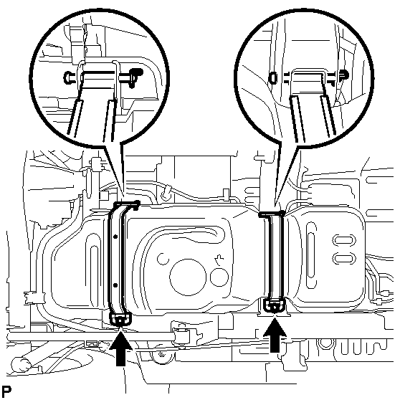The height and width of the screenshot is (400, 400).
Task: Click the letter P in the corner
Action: (x=6, y=391)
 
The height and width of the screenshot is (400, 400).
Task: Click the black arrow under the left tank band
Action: (x=120, y=350)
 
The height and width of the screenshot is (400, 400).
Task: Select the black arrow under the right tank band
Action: (x=275, y=336)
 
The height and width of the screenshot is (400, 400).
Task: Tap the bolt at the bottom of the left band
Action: (x=120, y=320)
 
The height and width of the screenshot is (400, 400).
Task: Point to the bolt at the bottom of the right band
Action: (x=275, y=307)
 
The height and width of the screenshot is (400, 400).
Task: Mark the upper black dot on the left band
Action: (x=115, y=237)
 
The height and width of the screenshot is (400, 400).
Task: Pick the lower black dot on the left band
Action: (x=115, y=285)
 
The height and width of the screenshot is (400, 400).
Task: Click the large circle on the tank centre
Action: (x=188, y=277)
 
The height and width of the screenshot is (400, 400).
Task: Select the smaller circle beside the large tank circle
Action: (x=219, y=277)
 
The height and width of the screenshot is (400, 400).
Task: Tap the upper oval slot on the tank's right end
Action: (x=344, y=240)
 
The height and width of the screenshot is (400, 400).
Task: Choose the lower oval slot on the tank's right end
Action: (x=344, y=258)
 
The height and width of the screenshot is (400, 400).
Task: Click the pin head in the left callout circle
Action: (x=67, y=77)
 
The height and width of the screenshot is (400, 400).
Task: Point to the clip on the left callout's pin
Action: (x=135, y=77)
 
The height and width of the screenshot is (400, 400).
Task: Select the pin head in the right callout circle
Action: (x=273, y=77)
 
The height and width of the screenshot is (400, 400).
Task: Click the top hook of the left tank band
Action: (x=127, y=204)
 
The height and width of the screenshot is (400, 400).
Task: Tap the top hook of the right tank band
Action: (x=272, y=214)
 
